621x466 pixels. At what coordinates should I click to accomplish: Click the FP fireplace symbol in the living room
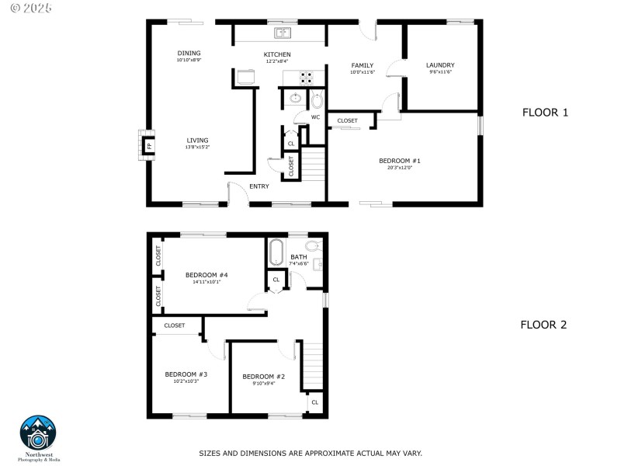tap(148, 145)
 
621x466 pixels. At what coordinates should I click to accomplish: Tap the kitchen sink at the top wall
tap(283, 33)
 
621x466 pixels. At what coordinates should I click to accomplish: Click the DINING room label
tap(189, 53)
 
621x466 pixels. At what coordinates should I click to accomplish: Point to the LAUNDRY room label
tap(440, 65)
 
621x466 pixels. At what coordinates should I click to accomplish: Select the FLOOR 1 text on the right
tap(545, 113)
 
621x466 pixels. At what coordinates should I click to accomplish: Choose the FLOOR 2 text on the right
tap(543, 325)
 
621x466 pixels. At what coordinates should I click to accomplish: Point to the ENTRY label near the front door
tap(259, 186)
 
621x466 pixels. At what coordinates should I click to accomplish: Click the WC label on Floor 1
tap(315, 117)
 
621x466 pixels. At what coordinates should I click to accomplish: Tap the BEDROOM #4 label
tap(206, 274)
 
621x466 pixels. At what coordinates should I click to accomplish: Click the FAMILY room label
tap(363, 65)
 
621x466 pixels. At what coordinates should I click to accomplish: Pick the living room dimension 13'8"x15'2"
tap(197, 148)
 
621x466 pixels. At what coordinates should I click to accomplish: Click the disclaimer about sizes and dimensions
tap(310, 453)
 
